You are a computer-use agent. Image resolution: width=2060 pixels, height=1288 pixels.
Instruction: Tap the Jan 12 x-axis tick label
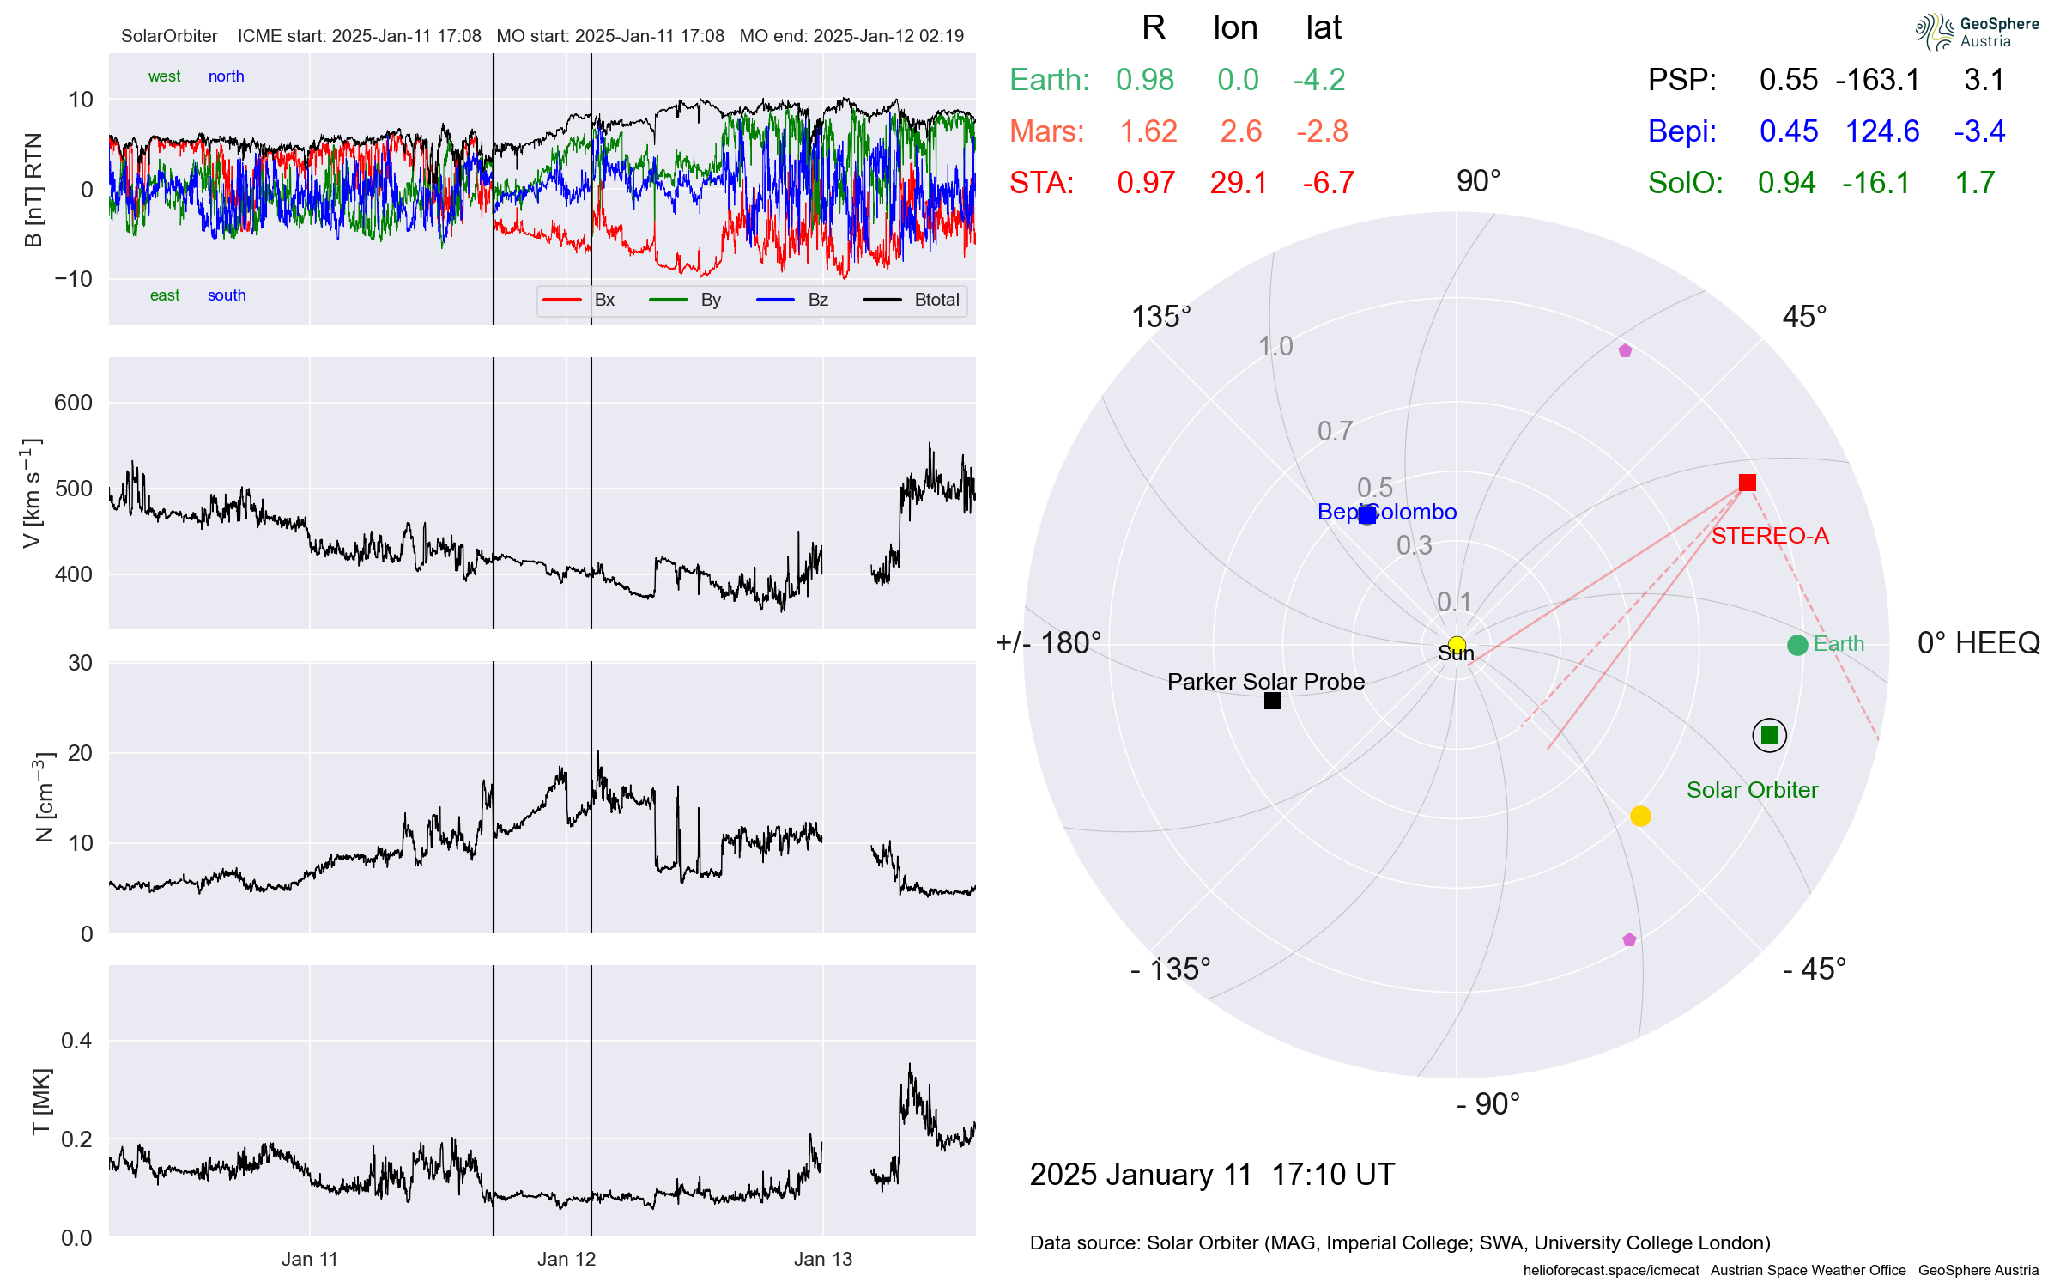[x=566, y=1259]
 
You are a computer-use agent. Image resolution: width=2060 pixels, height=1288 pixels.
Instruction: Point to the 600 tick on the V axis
[x=73, y=403]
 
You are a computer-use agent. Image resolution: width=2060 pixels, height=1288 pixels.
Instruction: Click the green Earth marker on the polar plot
[x=1796, y=645]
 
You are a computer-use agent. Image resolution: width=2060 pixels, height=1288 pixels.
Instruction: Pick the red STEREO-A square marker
[x=1747, y=483]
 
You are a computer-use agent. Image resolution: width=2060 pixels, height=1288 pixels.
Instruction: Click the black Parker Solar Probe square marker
[x=1273, y=701]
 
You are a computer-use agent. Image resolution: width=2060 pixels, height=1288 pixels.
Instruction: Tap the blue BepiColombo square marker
[x=1367, y=514]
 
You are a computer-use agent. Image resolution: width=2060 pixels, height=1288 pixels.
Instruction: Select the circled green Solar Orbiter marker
[x=1769, y=735]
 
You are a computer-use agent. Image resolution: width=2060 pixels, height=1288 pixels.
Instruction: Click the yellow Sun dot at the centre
[x=1457, y=644]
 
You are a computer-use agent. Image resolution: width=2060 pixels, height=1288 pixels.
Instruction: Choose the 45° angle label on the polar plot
[x=1804, y=317]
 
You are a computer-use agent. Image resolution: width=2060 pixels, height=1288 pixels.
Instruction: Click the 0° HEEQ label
[x=1978, y=643]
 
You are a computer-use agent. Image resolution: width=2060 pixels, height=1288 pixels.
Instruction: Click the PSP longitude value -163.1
[x=1877, y=80]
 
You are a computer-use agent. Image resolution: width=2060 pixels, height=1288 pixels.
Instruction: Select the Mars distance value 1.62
[x=1148, y=131]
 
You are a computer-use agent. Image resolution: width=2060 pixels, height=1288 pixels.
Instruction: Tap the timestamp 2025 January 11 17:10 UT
[x=1212, y=1174]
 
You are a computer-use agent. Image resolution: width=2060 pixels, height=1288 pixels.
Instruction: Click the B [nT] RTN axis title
[x=33, y=190]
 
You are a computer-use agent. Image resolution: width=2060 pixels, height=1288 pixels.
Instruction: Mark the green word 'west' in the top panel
[x=164, y=76]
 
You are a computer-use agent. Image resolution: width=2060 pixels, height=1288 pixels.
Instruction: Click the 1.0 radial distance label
[x=1275, y=346]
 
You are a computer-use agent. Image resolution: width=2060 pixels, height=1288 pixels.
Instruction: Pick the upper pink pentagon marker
[x=1625, y=350]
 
